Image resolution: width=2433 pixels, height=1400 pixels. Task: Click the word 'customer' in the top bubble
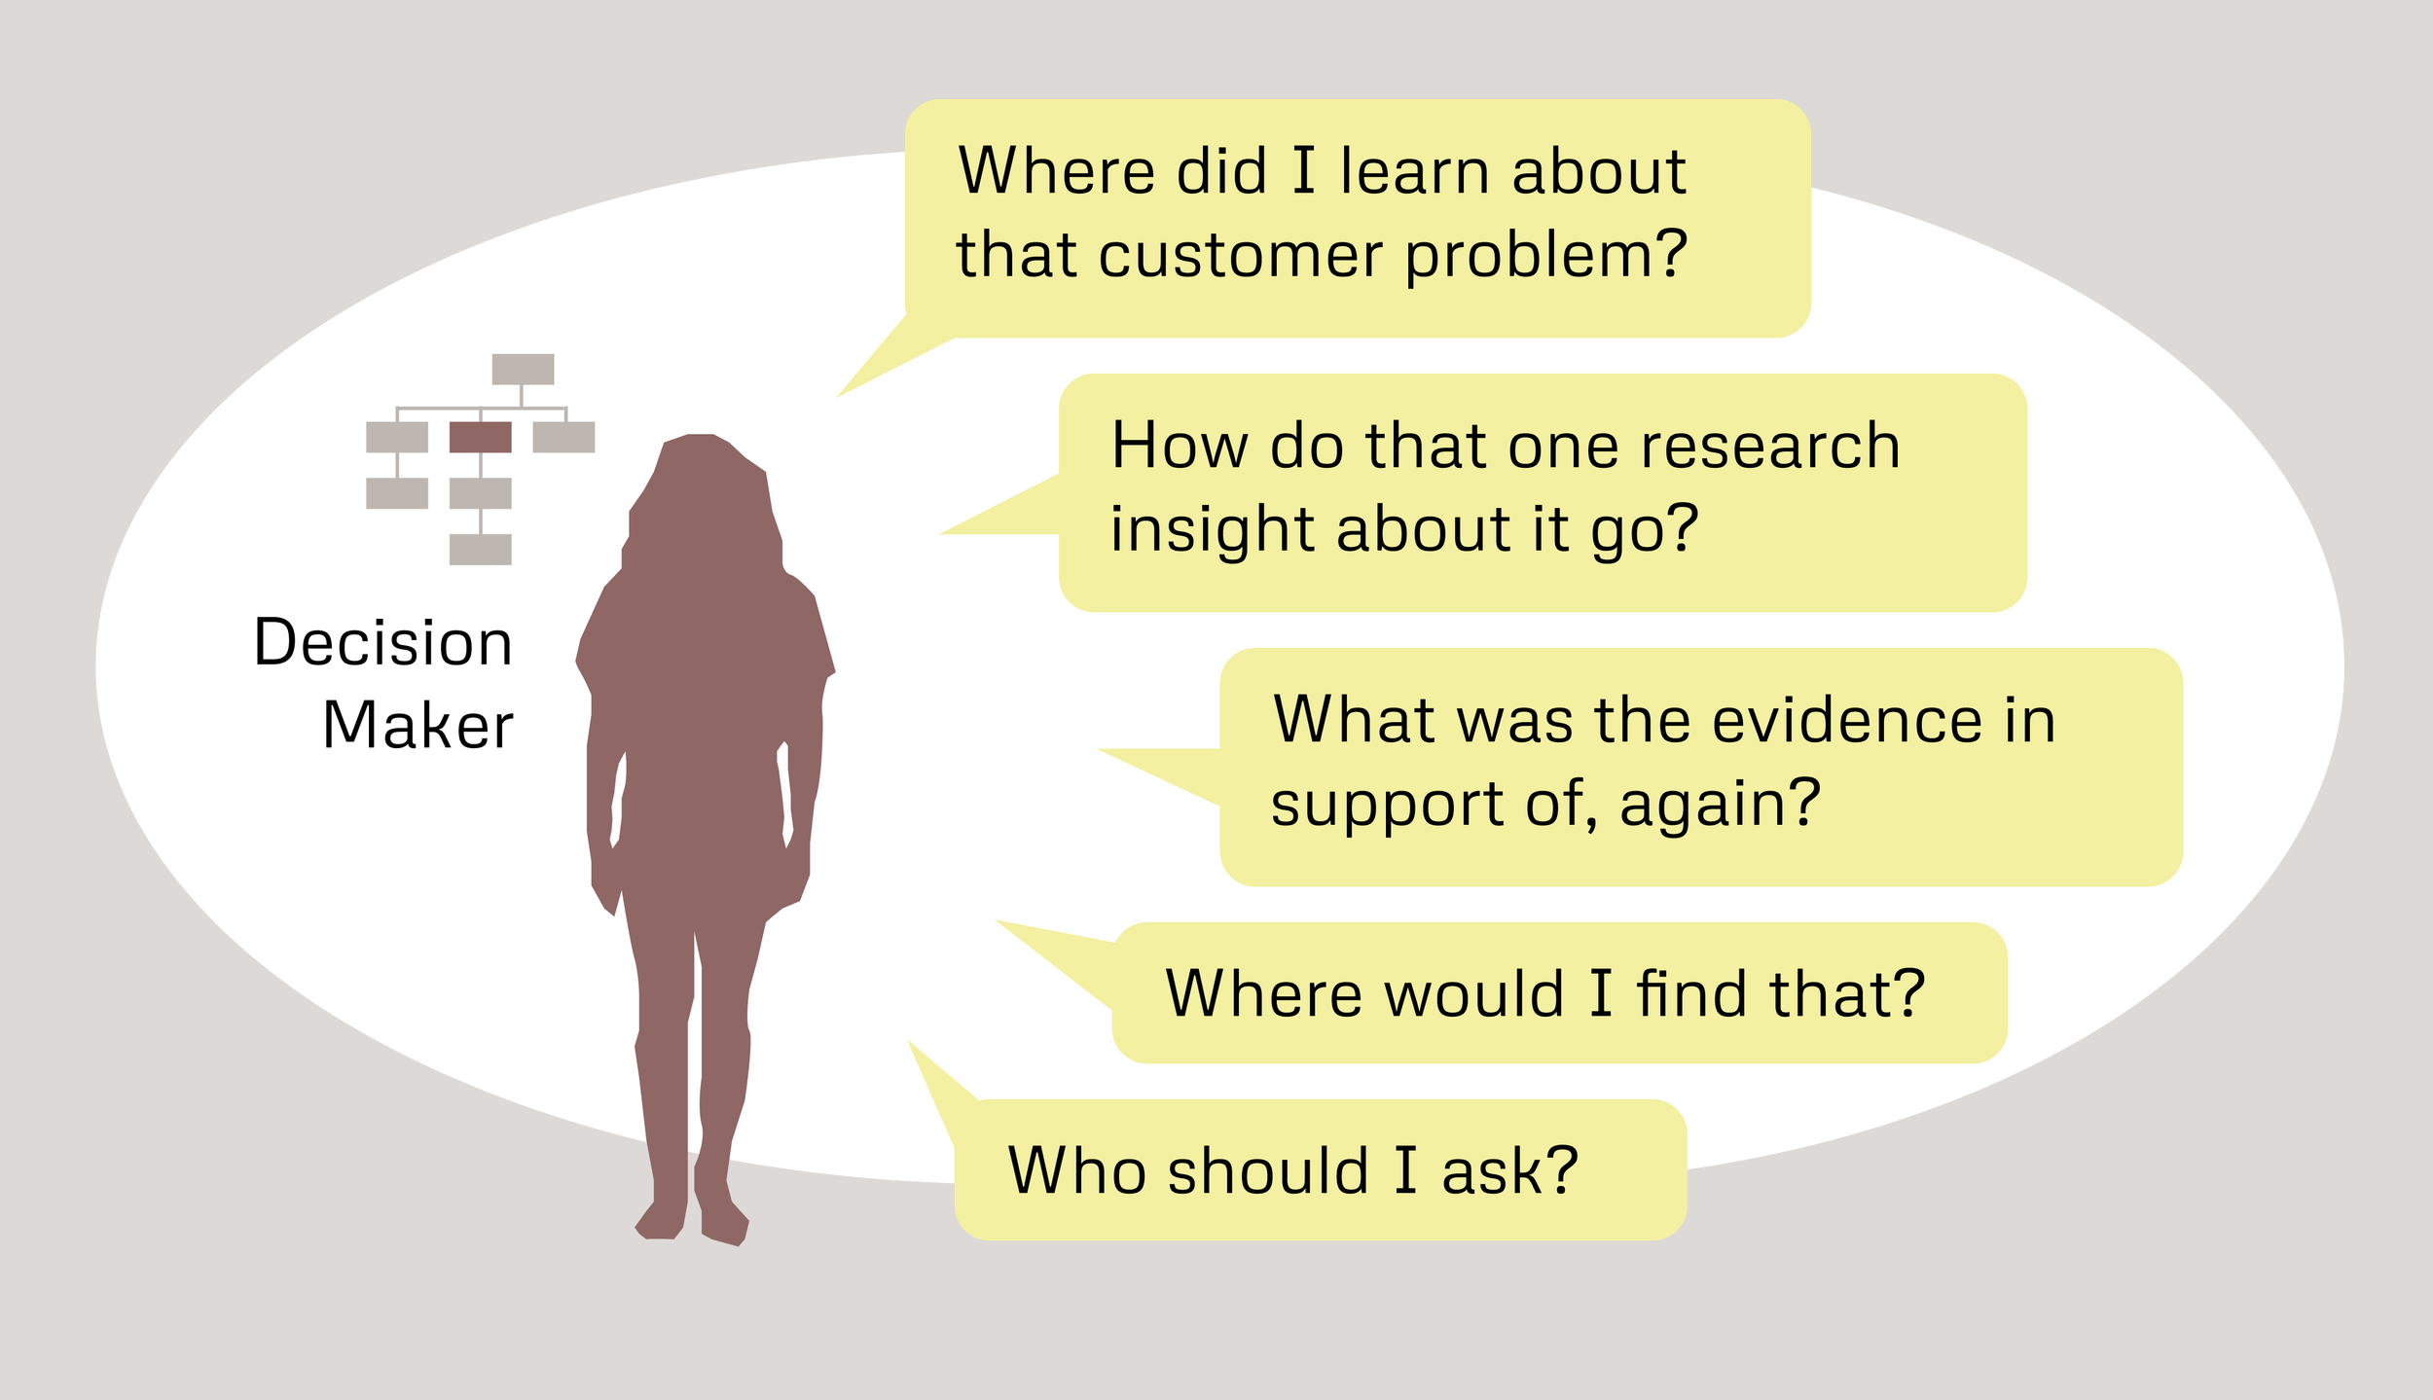coord(1240,256)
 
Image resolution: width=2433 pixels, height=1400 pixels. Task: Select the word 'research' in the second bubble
coord(1769,447)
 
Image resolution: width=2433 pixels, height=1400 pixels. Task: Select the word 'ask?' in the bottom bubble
coord(1509,1170)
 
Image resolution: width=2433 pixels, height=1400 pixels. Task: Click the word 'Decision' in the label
coord(382,643)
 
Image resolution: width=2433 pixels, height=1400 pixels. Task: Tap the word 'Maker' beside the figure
coord(418,726)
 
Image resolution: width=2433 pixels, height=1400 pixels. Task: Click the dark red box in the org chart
coord(480,437)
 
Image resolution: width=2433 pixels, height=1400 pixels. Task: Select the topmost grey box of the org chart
coord(523,369)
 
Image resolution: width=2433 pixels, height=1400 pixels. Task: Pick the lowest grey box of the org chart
coord(480,550)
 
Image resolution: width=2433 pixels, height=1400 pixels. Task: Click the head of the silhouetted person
coord(706,486)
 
